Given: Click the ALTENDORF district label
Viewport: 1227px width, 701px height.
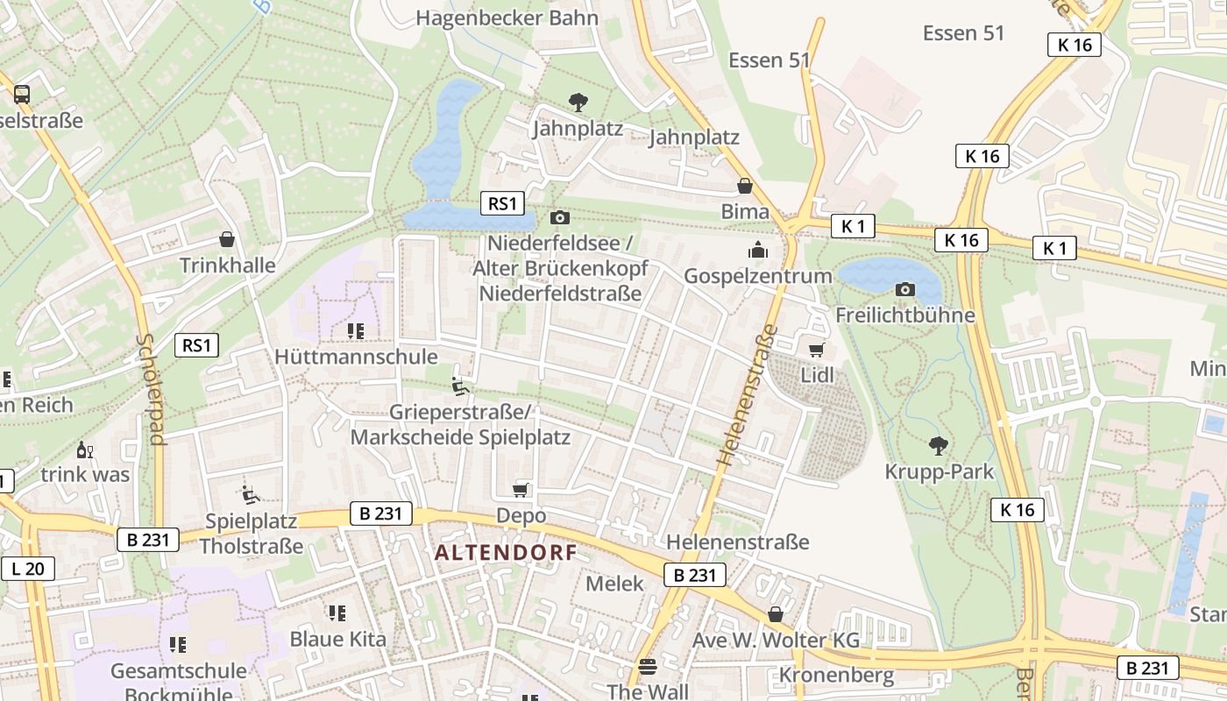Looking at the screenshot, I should pos(506,553).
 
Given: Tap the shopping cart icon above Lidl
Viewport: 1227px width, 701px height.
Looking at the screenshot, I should pos(816,350).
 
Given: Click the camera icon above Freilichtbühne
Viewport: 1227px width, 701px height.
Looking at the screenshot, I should pos(905,289).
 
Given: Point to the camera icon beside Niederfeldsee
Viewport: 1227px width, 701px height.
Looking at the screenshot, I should pos(559,217).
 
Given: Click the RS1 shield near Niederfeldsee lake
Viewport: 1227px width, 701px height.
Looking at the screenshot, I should pos(502,204).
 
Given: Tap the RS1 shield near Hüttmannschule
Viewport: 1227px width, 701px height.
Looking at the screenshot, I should pos(196,345).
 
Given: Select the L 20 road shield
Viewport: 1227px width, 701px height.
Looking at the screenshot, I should pos(28,569).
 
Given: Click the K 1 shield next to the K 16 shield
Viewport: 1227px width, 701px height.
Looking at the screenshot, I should pos(1054,249).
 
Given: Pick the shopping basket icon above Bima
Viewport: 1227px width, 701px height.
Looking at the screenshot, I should pos(745,186).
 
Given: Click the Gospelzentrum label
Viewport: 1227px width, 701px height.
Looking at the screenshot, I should pos(757,276).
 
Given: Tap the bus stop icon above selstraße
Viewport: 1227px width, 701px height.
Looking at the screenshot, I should pos(22,95).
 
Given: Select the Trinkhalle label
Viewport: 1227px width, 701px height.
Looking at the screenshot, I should pos(227,266).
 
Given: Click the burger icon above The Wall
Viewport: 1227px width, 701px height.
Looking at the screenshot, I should pos(648,667).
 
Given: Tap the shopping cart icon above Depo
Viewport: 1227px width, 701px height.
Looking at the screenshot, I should pos(521,490).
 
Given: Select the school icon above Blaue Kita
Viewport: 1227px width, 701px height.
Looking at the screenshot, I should pos(337,613).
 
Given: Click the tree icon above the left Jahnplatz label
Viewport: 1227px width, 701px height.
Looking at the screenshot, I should pos(578,103).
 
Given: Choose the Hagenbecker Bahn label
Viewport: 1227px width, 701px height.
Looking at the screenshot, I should pos(507,18).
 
